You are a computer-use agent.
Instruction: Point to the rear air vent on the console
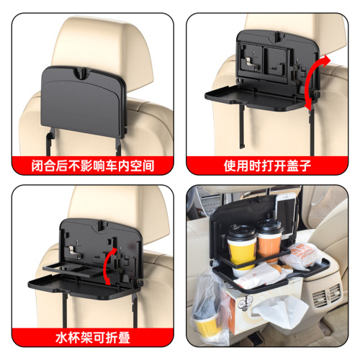tap(328, 295)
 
